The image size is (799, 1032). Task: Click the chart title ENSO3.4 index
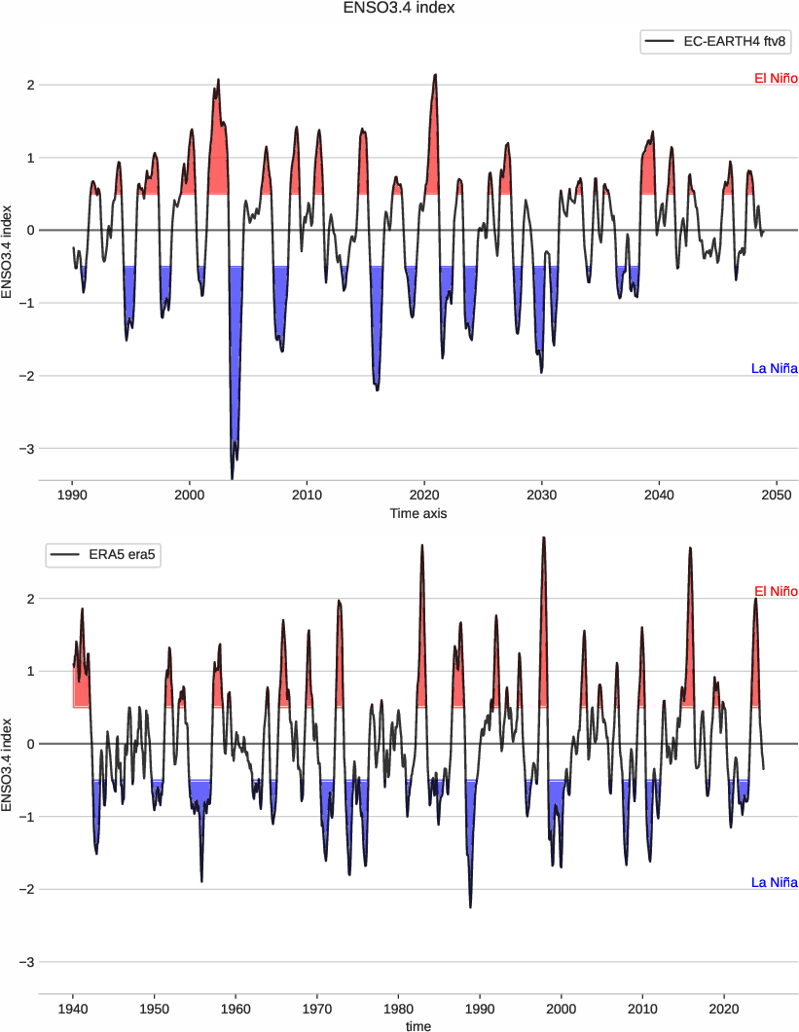[x=399, y=9]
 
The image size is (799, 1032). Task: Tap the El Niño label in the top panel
[x=776, y=78]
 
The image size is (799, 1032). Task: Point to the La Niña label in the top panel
[x=774, y=368]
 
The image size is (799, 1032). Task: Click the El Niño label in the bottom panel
[x=776, y=592]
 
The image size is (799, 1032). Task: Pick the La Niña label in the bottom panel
[x=774, y=882]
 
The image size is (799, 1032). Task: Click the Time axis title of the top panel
[x=418, y=512]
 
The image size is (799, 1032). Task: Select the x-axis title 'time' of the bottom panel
[x=418, y=1025]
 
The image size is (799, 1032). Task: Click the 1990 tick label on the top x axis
[x=72, y=495]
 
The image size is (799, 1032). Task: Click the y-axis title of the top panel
[x=9, y=251]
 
